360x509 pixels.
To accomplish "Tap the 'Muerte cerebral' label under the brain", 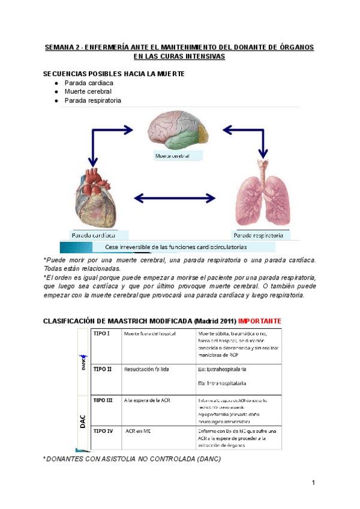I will click(173, 155).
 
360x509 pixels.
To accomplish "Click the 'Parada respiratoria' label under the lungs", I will click(259, 235).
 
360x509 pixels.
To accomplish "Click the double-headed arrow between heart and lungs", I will click(174, 197).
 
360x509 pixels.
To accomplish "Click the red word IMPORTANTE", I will click(259, 321).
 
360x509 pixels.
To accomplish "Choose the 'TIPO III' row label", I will click(104, 399).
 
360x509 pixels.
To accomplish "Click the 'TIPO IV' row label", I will click(104, 431).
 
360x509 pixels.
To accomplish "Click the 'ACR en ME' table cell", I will click(139, 431).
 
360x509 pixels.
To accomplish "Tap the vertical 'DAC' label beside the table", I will click(83, 420).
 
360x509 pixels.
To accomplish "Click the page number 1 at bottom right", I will click(313, 483).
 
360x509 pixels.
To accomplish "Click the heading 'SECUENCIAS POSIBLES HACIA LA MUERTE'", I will click(114, 73).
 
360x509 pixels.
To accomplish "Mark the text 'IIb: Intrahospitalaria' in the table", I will click(222, 383).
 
